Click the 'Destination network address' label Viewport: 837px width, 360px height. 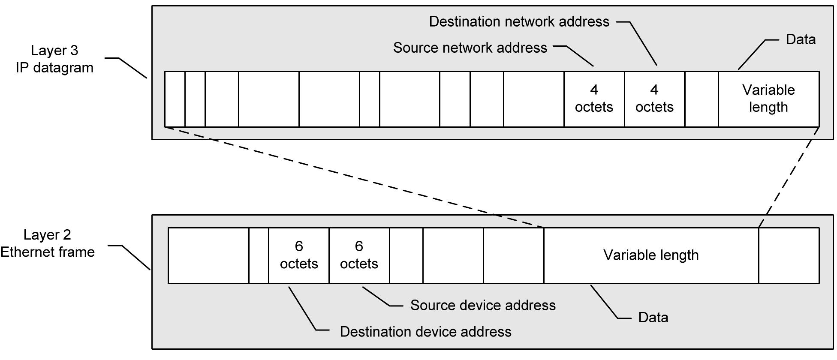click(519, 22)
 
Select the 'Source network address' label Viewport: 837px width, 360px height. click(470, 48)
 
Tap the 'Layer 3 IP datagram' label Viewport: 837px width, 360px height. click(54, 59)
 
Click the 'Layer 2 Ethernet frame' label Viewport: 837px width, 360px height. click(48, 243)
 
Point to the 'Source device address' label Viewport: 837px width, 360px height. click(482, 305)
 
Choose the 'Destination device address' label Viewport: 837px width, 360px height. click(425, 332)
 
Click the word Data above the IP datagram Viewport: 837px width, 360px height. click(800, 39)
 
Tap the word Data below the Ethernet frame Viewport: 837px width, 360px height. click(653, 318)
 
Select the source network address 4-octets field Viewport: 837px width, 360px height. click(594, 99)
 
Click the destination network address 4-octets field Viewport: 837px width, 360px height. click(654, 99)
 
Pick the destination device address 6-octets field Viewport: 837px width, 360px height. click(299, 255)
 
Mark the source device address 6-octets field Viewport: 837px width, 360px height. click(359, 255)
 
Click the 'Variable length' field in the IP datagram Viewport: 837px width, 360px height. click(768, 99)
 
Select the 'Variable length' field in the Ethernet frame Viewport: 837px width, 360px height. click(651, 255)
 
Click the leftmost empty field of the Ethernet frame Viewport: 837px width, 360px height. click(208, 255)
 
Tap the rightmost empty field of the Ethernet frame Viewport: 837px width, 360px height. click(789, 255)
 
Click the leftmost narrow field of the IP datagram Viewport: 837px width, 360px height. click(175, 99)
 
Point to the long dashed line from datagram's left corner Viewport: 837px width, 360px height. click(354, 177)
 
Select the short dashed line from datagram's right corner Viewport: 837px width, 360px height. click(789, 177)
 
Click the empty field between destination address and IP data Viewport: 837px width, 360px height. click(702, 99)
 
